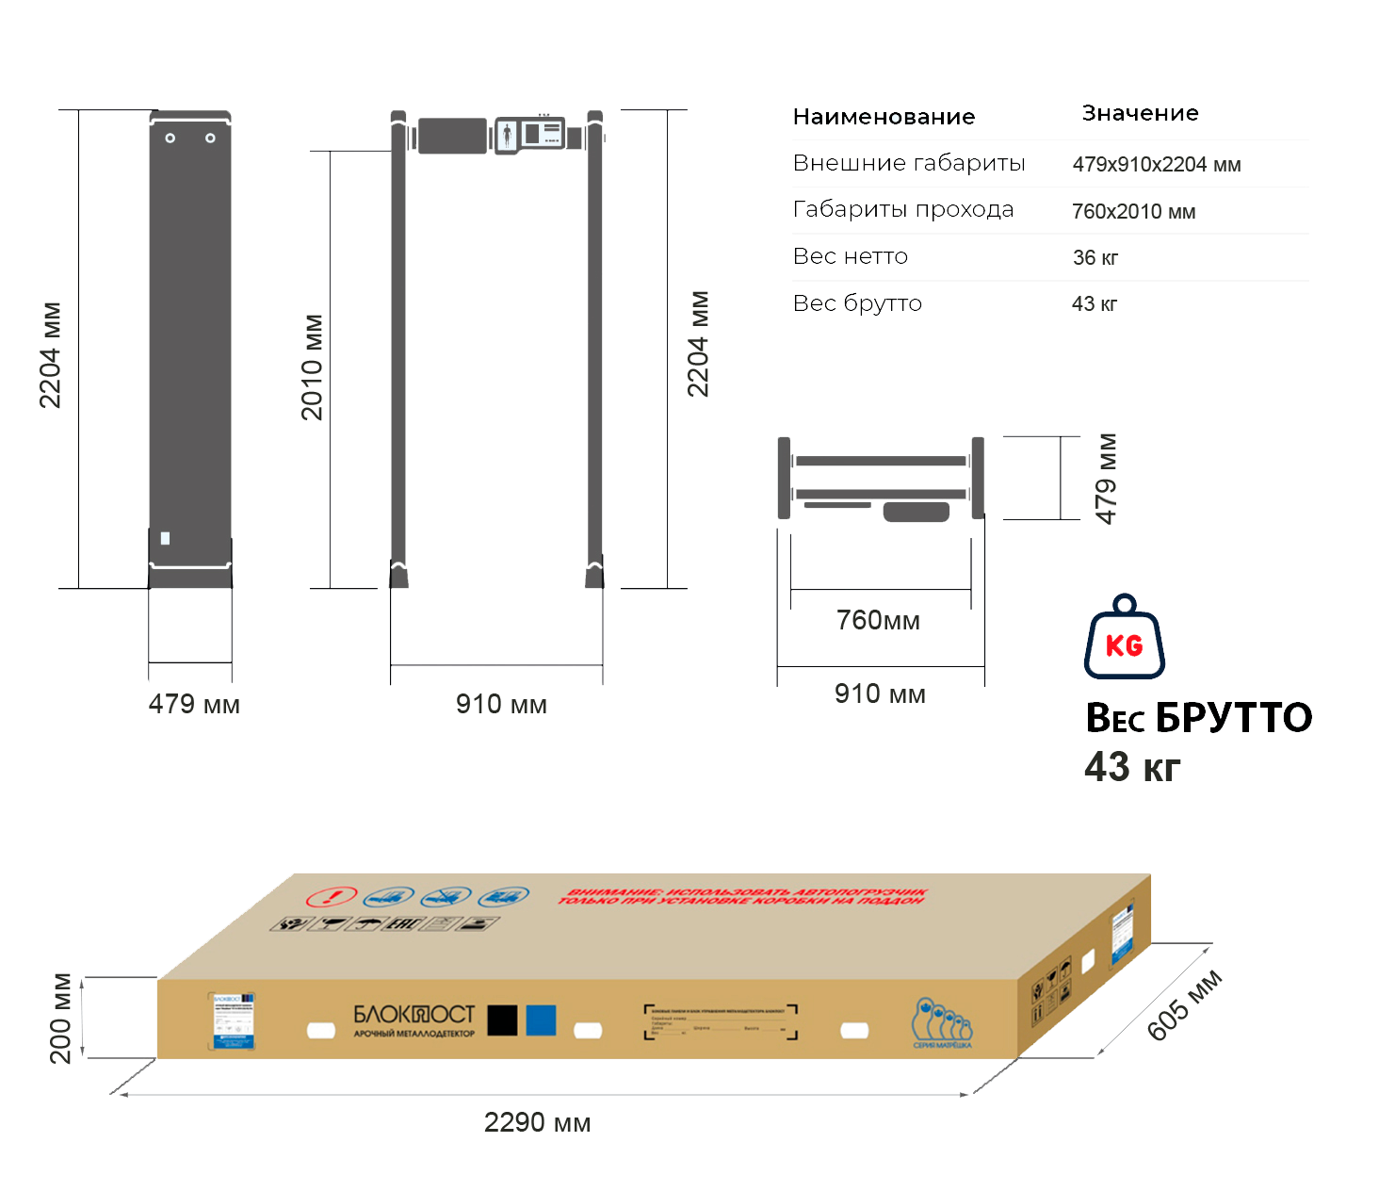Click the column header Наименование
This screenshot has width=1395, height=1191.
(884, 117)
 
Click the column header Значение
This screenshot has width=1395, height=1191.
(1140, 113)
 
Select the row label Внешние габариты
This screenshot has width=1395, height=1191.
(909, 163)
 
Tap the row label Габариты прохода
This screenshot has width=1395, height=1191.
(903, 209)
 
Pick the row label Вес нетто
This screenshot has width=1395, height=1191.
(851, 256)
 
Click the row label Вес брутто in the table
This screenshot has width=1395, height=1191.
(857, 303)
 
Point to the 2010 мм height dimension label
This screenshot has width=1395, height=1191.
(313, 367)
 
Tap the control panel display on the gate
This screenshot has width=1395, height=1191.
(530, 134)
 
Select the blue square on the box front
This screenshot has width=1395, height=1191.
(541, 1020)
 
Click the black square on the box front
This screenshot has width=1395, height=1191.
(502, 1020)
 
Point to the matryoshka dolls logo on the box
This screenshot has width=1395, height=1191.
(941, 1022)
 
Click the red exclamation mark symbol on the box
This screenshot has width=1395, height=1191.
(332, 897)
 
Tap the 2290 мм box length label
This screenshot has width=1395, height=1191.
(537, 1122)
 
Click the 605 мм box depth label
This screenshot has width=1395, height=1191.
(1184, 1005)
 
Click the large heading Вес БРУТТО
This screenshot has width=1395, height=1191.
(1198, 718)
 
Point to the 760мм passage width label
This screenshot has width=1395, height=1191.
(878, 620)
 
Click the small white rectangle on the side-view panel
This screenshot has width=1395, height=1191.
(166, 538)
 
